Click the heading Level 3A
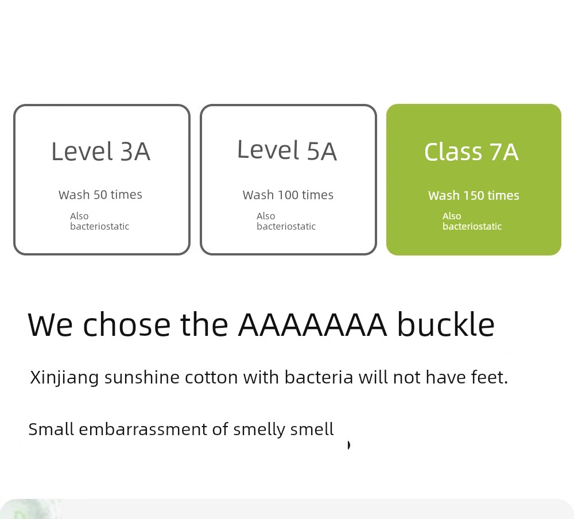click(100, 151)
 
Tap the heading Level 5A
click(287, 150)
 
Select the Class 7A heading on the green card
click(471, 152)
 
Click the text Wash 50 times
click(100, 195)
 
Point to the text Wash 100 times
click(288, 195)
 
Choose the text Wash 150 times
click(474, 195)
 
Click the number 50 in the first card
click(100, 195)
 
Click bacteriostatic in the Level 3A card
click(99, 226)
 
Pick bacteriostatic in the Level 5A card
click(286, 226)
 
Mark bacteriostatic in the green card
click(472, 226)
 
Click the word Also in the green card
click(452, 216)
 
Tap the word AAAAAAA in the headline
click(312, 324)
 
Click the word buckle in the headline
click(446, 324)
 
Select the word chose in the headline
click(127, 324)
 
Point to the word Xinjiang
click(64, 378)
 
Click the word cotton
click(211, 377)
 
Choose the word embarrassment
click(143, 429)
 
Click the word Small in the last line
click(51, 429)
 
